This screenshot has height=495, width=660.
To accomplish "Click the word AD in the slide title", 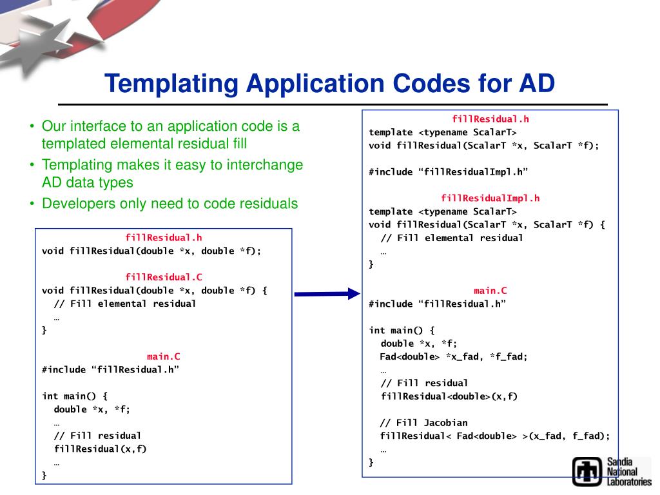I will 536,84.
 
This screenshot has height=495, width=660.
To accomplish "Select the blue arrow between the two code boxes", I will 326,294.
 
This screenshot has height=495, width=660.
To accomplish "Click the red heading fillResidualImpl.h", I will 490,198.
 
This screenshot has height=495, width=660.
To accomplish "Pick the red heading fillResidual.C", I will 164,277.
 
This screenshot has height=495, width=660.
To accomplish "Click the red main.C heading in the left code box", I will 164,356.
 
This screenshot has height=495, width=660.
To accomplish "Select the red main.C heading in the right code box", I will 490,291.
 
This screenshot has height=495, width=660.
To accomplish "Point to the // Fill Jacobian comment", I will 423,423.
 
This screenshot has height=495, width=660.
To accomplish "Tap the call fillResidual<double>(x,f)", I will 449,396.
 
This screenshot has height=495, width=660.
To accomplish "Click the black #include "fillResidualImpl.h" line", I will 448,171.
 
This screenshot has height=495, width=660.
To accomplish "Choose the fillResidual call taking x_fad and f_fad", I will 494,436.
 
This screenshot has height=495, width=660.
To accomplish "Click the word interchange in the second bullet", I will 258,165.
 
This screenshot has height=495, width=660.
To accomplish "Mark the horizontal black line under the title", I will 333,104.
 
